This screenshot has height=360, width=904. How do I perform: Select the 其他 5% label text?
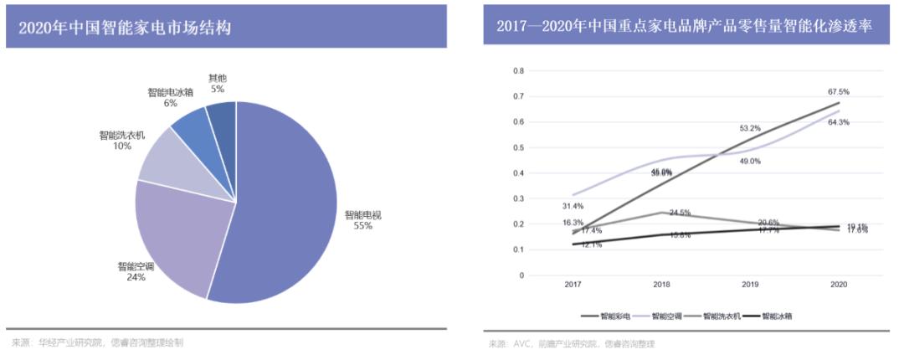coord(218,83)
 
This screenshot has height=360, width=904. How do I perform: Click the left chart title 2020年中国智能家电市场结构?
coord(125,28)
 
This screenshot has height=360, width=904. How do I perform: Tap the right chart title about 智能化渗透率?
coord(684,28)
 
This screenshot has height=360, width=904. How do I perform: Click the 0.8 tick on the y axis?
coord(516,70)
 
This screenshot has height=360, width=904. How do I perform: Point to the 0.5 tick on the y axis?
coord(516,147)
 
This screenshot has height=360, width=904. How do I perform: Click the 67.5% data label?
coord(839,91)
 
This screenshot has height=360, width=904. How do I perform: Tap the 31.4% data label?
coord(573,206)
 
